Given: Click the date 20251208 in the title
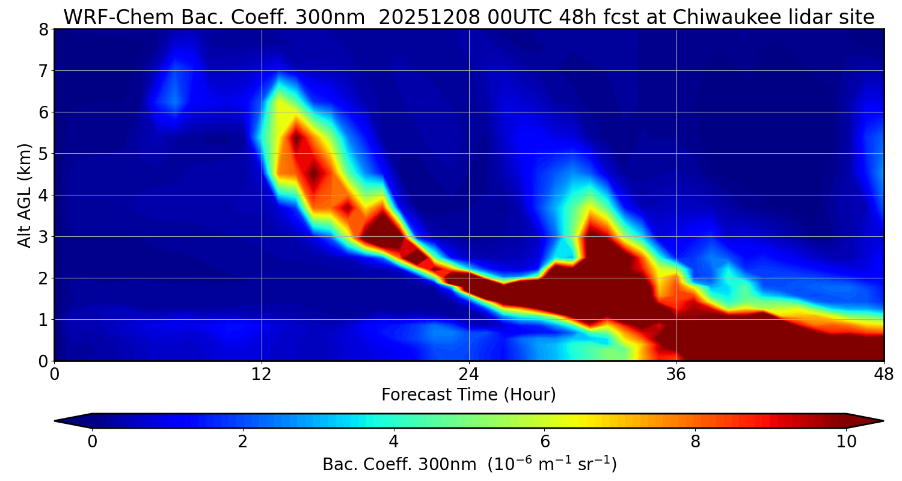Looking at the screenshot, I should [429, 17].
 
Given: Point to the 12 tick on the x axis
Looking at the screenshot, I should [262, 374].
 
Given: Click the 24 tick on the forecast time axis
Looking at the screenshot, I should [469, 374].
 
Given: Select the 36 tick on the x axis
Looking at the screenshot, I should [677, 374].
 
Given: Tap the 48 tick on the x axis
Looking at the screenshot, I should [883, 374].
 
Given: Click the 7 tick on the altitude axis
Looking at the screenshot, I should [43, 71].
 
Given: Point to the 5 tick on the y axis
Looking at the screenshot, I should [43, 154].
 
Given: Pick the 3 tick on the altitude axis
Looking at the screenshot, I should [43, 237].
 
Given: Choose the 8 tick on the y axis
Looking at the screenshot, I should [43, 29].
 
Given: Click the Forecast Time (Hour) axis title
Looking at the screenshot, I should [468, 395].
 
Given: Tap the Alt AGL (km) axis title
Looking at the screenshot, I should [25, 195].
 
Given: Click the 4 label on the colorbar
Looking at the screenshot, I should [394, 442].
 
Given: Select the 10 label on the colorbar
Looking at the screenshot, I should [846, 442].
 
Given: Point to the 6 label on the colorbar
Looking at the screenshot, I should [545, 442].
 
